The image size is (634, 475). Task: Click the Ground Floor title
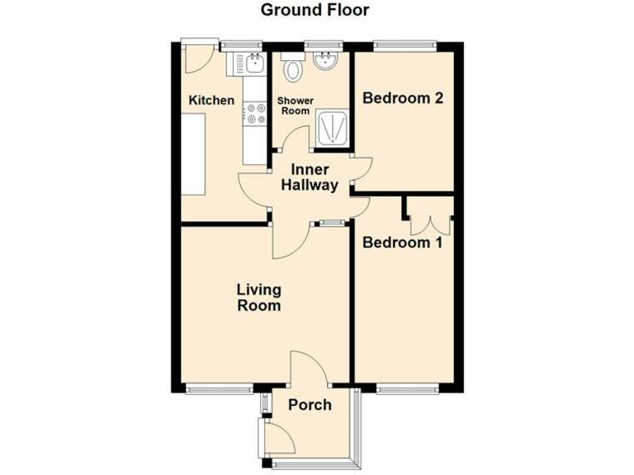[x=315, y=10]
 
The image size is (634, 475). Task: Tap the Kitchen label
[x=211, y=101]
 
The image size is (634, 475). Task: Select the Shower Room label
[x=295, y=106]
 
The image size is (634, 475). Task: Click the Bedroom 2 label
[x=404, y=98]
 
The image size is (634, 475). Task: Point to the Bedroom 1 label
[x=403, y=243]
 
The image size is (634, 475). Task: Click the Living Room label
[x=258, y=298]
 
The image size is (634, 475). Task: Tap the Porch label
[x=309, y=405]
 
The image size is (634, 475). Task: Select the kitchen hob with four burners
[x=255, y=113]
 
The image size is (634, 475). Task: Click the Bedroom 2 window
[x=404, y=44]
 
